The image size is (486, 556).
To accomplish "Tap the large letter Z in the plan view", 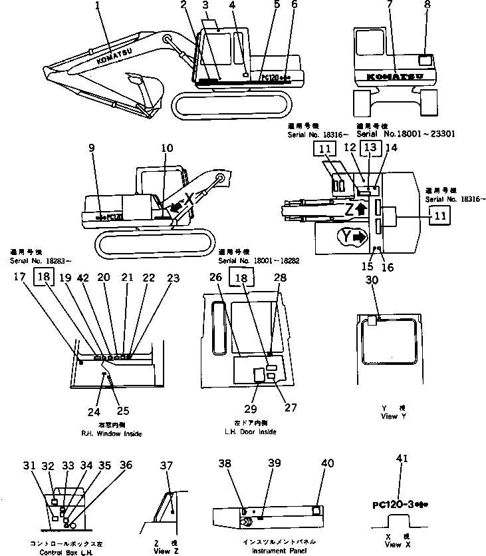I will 348,208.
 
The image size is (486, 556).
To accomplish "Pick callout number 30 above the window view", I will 373,282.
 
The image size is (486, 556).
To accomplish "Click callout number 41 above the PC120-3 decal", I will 402,477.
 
